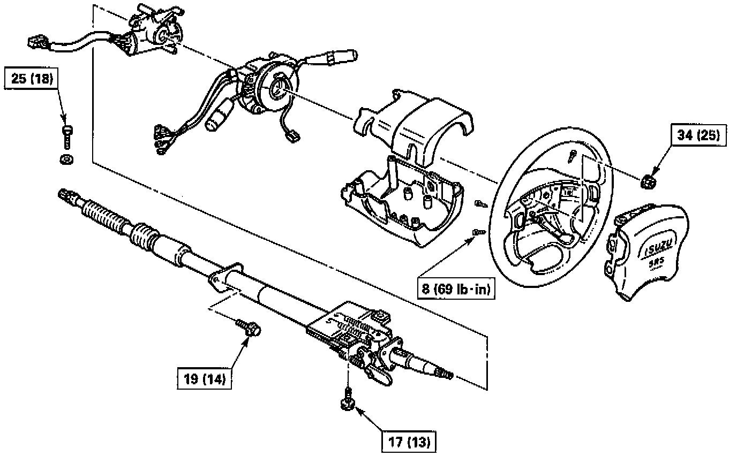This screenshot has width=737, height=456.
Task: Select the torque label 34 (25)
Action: point(698,135)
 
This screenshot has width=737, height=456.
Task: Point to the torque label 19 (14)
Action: point(205,378)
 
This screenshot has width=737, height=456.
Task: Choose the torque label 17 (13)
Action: point(409,442)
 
